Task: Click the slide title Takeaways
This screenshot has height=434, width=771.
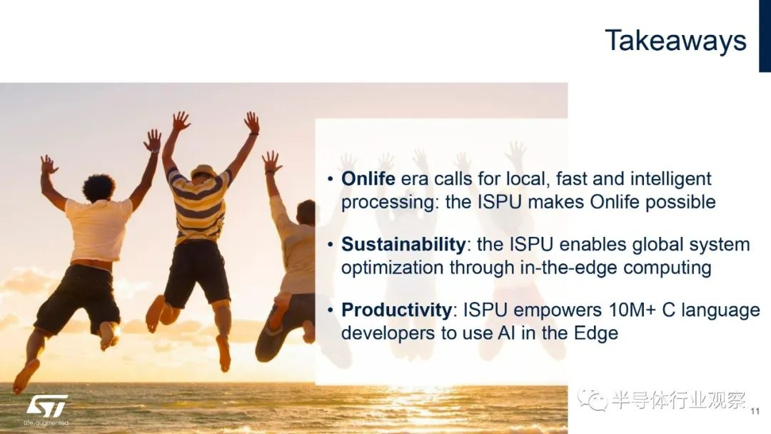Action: coord(675,41)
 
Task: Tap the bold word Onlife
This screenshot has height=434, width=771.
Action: coord(368,178)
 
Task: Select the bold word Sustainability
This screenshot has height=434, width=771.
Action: coord(403,244)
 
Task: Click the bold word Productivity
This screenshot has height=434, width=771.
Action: coord(397,310)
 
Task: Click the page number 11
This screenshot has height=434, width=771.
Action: coord(755,411)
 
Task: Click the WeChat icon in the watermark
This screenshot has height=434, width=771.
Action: coord(593,399)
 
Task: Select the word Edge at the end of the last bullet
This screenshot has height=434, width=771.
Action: coord(596,333)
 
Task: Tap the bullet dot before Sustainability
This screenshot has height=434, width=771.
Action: coord(331,245)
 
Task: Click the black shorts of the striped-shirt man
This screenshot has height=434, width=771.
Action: coord(197,273)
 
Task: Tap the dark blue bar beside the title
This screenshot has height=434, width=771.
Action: coord(765,36)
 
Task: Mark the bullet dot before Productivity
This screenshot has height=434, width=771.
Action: coord(331,311)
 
